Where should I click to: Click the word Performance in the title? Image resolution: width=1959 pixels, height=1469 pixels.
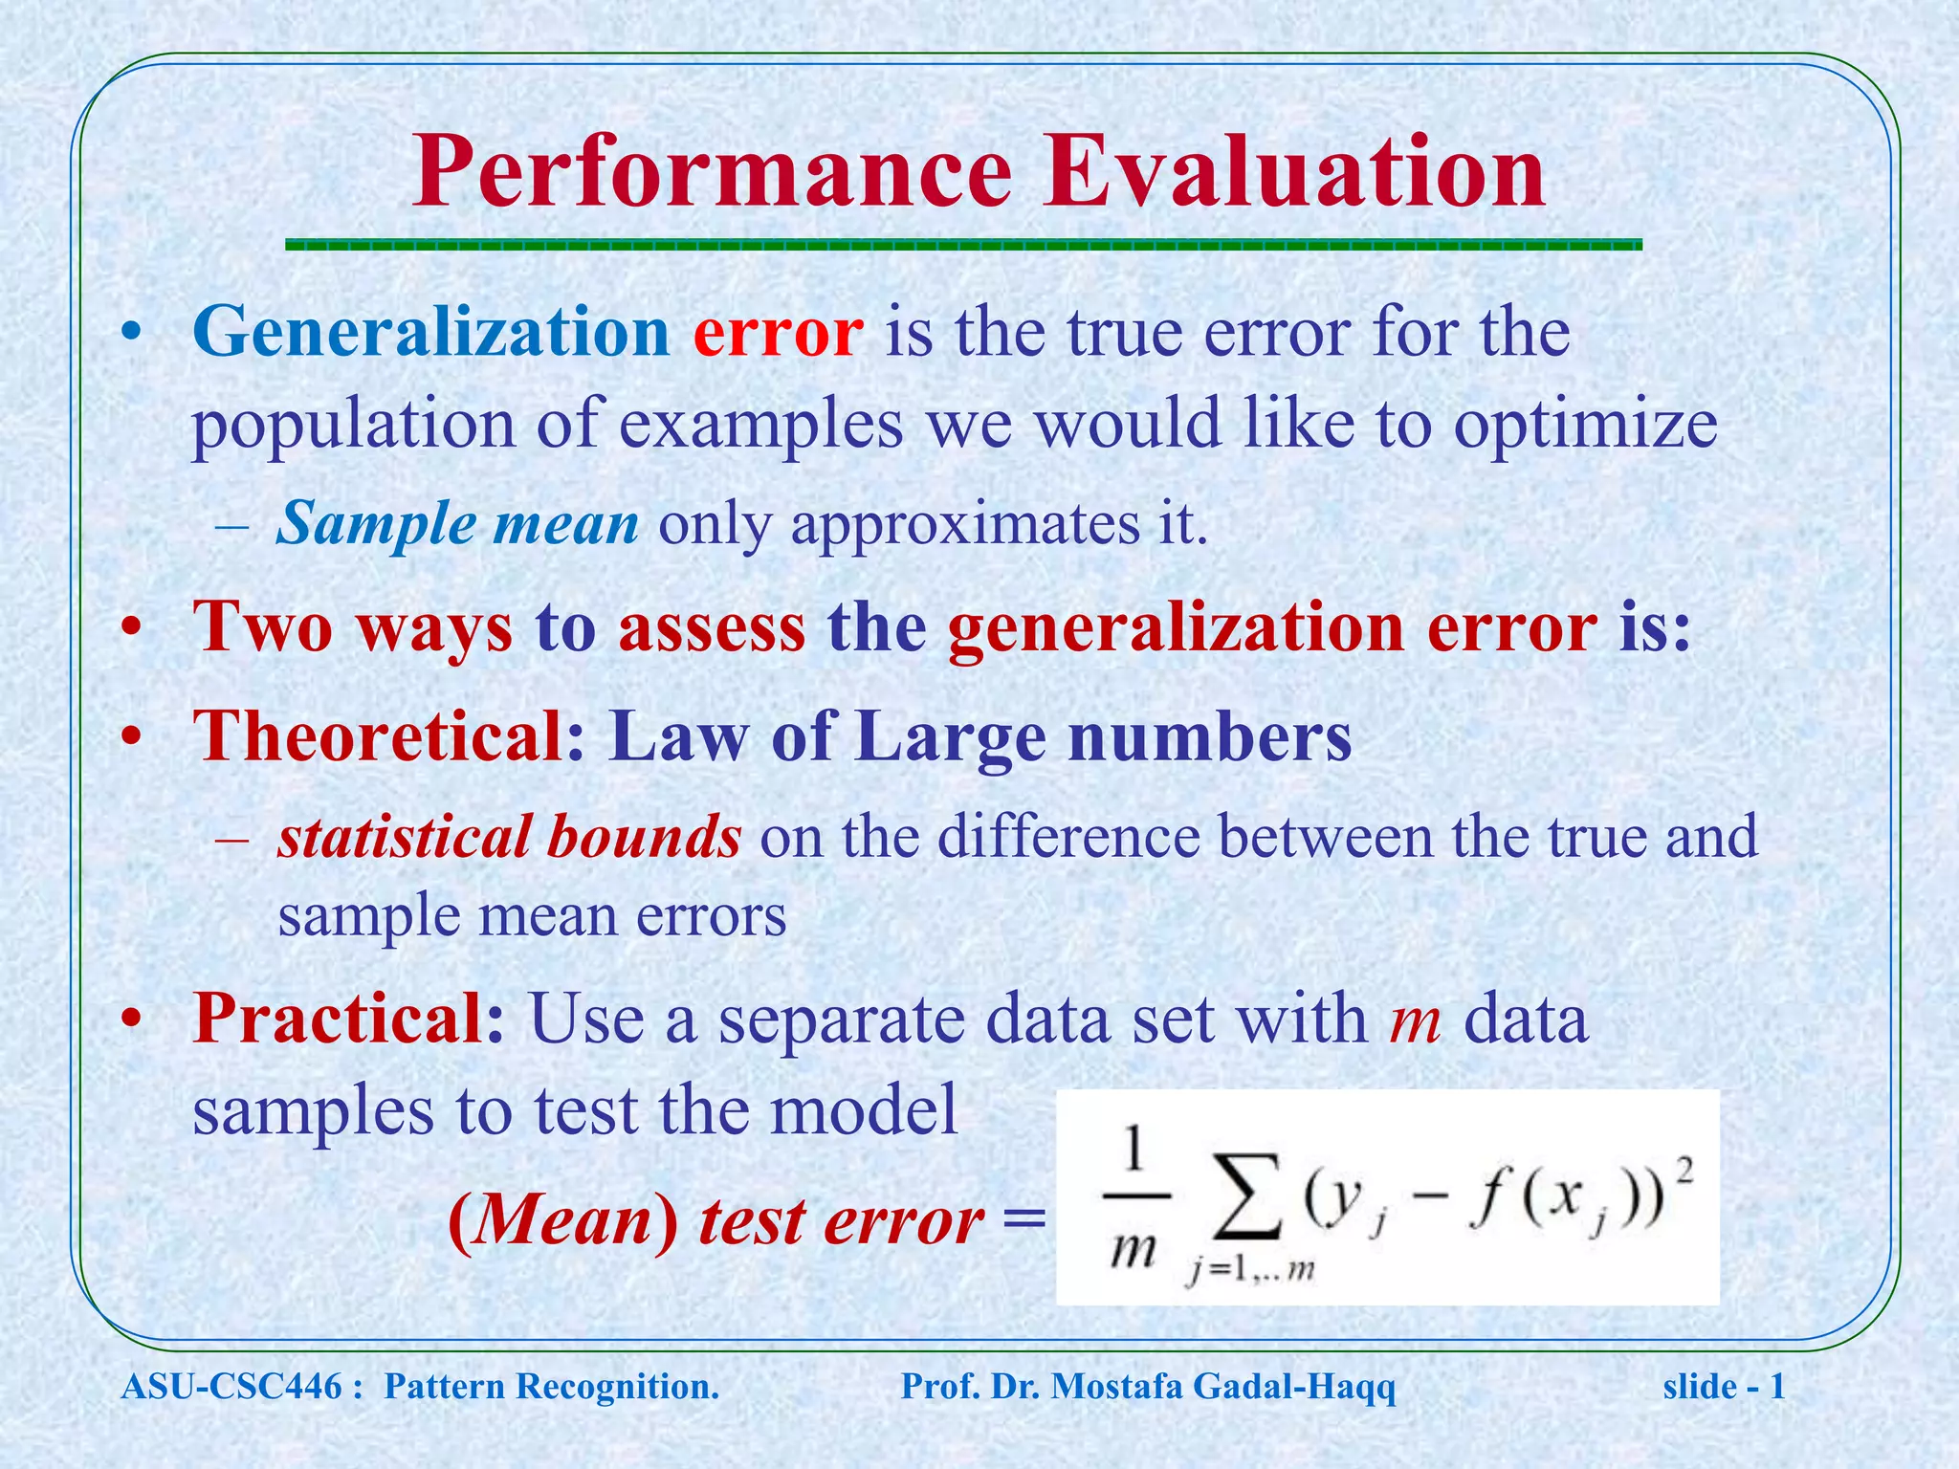pyautogui.click(x=712, y=174)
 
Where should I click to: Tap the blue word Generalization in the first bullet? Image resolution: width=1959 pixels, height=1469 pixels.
pyautogui.click(x=430, y=333)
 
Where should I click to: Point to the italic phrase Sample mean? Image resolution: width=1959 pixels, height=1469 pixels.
pyautogui.click(x=457, y=524)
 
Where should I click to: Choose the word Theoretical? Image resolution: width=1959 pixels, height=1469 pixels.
pyautogui.click(x=378, y=736)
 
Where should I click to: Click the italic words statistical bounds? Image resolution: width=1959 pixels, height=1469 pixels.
pyautogui.click(x=509, y=837)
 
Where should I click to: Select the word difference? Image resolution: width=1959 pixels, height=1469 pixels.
pyautogui.click(x=1068, y=837)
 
